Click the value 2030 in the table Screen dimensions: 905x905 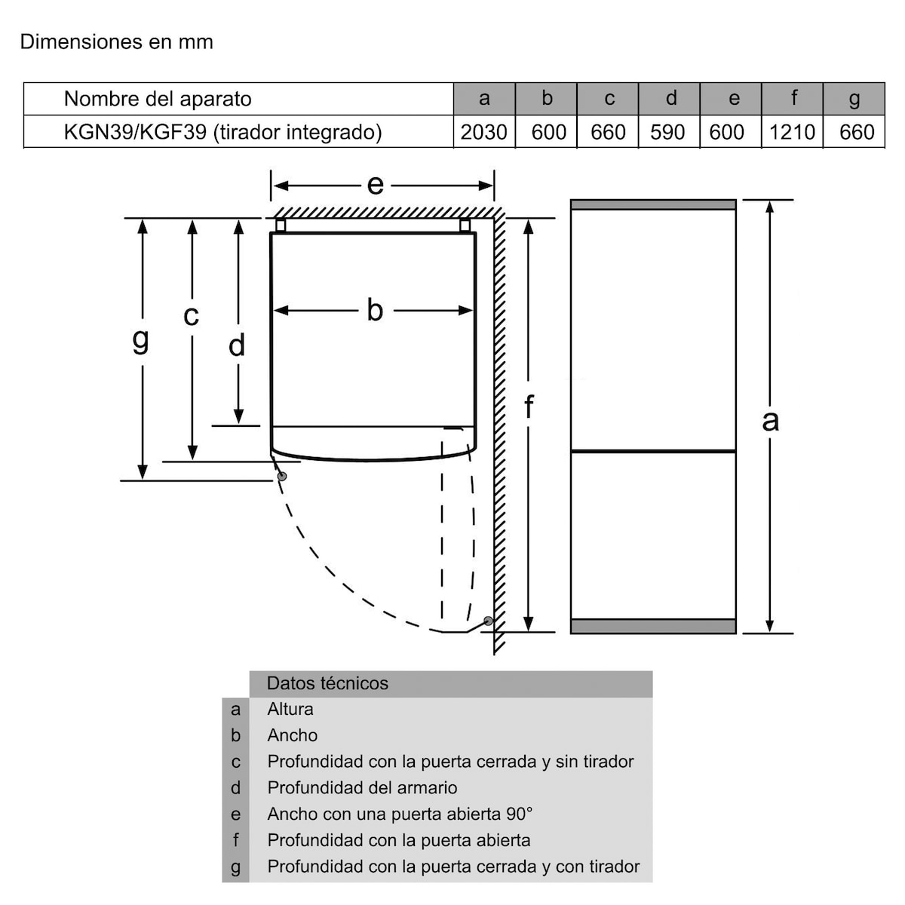pyautogui.click(x=483, y=132)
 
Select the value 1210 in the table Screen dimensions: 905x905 pyautogui.click(x=792, y=132)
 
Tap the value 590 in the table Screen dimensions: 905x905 pyautogui.click(x=667, y=132)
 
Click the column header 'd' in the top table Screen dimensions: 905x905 pyautogui.click(x=670, y=98)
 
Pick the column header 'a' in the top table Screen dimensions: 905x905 pyautogui.click(x=484, y=98)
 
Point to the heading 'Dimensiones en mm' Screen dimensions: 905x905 pyautogui.click(x=116, y=41)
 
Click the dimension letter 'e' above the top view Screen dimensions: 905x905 pyautogui.click(x=375, y=185)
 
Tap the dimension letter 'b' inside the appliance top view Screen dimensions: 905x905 pyautogui.click(x=375, y=310)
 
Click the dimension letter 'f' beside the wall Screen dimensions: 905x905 pyautogui.click(x=529, y=407)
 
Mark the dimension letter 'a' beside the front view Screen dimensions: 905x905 pyautogui.click(x=770, y=420)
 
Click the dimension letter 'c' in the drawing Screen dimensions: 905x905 pyautogui.click(x=192, y=315)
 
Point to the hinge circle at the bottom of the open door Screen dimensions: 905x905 pyautogui.click(x=489, y=621)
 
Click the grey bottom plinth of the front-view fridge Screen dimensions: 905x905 pyautogui.click(x=653, y=626)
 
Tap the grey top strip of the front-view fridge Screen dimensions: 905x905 pyautogui.click(x=653, y=204)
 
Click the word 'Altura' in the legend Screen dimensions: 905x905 pyautogui.click(x=290, y=709)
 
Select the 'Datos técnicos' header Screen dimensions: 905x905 pyautogui.click(x=327, y=683)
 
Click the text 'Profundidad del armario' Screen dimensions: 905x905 pyautogui.click(x=362, y=787)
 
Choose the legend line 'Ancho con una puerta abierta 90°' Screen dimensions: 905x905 pyautogui.click(x=400, y=814)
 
